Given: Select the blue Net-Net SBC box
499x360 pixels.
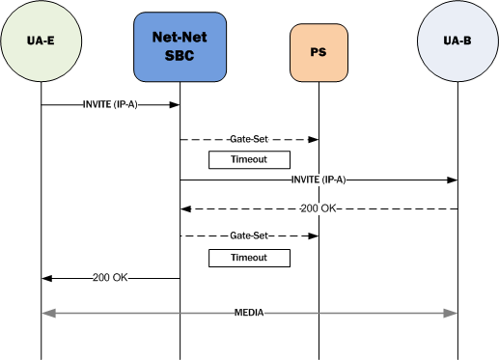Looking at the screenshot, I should coord(179,46).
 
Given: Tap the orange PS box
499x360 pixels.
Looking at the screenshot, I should coord(318,50).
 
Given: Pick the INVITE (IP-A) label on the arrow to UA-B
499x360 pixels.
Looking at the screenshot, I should coord(318,180).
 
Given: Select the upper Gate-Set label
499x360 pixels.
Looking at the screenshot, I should coord(249,140).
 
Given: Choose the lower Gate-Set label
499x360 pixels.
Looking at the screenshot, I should coord(249,235).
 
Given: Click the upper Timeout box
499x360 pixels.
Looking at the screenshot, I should coord(249,159).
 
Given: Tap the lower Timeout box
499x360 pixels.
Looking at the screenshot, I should coord(249,258).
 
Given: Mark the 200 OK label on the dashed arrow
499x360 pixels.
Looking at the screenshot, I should coord(319,208).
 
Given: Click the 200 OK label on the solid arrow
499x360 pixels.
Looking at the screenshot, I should coord(110,278).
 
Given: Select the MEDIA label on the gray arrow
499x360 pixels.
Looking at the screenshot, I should coord(249,314).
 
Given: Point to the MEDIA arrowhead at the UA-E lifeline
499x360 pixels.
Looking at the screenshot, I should coord(48,314).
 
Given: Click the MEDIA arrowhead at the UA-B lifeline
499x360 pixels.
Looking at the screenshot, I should coord(450,314).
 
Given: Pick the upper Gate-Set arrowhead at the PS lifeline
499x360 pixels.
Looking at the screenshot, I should coord(313,140).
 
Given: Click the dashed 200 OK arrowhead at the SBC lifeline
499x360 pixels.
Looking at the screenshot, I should coord(185,208).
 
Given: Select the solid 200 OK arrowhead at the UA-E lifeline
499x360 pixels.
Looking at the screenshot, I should coord(46,278).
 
